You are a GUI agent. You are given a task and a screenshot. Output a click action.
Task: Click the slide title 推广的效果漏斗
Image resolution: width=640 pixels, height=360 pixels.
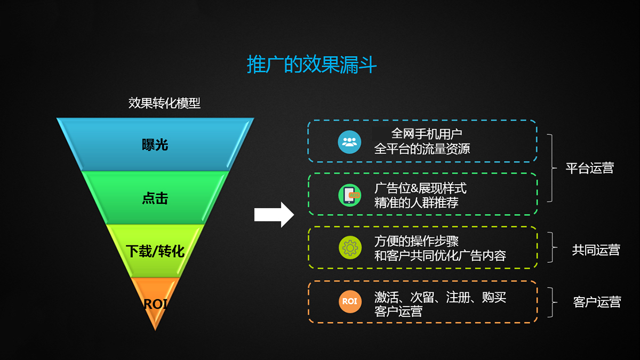tap(311, 65)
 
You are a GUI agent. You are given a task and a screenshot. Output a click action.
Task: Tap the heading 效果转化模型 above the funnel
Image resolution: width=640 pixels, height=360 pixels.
tap(164, 103)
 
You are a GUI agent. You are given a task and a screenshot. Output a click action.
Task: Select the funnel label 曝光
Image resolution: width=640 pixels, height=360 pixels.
tap(155, 145)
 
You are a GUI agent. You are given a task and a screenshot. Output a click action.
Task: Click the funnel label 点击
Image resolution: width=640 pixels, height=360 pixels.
tap(155, 198)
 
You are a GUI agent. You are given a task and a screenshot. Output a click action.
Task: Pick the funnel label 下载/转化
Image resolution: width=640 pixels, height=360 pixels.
tap(155, 251)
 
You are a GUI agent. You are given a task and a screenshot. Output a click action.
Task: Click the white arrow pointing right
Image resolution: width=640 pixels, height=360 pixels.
tap(274, 214)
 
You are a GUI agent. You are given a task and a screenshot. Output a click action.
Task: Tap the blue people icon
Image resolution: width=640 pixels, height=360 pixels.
tap(349, 142)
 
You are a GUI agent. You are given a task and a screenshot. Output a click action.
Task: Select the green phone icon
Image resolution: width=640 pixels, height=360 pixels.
tap(349, 195)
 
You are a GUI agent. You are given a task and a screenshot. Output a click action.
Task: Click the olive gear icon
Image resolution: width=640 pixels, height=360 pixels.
tap(350, 247)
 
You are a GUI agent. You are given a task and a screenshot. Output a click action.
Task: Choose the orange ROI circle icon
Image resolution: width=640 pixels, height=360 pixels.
tap(350, 302)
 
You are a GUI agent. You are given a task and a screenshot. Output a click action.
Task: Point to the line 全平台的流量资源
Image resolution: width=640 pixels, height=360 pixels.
tap(422, 149)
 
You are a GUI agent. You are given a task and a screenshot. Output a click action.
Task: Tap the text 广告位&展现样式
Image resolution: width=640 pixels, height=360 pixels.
tap(420, 188)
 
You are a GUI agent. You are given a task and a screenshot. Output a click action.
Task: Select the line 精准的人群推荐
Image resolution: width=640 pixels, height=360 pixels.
tap(417, 203)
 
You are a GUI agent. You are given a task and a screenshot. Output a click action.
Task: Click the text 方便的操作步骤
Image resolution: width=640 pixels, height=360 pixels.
tap(417, 241)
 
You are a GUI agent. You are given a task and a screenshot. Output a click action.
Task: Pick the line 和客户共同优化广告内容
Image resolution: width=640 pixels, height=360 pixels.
tap(440, 255)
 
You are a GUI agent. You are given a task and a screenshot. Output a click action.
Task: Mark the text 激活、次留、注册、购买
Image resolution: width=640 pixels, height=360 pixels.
tap(440, 297)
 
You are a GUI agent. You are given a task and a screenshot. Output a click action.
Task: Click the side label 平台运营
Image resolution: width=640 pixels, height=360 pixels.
tap(590, 168)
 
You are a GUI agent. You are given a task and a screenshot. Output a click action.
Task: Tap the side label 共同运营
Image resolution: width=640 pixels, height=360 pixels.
tap(596, 250)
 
